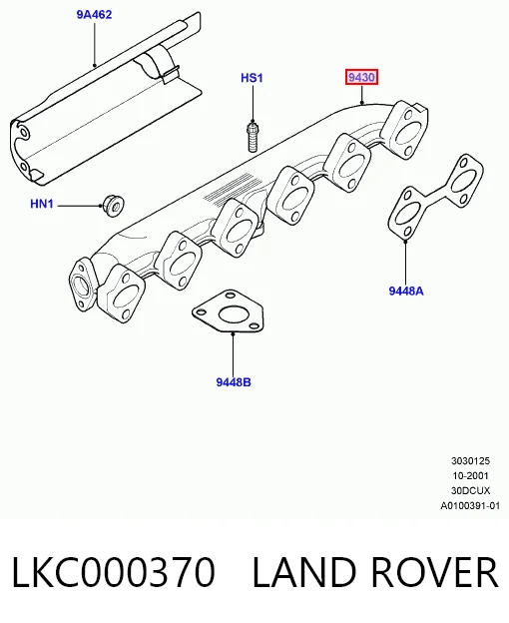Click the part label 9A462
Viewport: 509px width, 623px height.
pyautogui.click(x=94, y=15)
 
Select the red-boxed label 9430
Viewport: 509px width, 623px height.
pyautogui.click(x=361, y=77)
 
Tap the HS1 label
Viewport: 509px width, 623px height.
pyautogui.click(x=252, y=78)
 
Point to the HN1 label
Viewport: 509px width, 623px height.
pyautogui.click(x=42, y=204)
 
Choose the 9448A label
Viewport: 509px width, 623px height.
pyautogui.click(x=406, y=292)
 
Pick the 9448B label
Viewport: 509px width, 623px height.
pyautogui.click(x=234, y=382)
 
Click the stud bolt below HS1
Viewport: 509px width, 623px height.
pyautogui.click(x=253, y=137)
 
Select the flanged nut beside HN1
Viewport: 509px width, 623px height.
pyautogui.click(x=113, y=206)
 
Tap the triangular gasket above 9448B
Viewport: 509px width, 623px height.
pyautogui.click(x=229, y=311)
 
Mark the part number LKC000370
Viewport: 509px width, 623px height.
pyautogui.click(x=114, y=572)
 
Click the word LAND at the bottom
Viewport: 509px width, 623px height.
pyautogui.click(x=304, y=572)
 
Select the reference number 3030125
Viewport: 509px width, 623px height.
pyautogui.click(x=470, y=461)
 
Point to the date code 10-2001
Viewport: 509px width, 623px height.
pyautogui.click(x=470, y=475)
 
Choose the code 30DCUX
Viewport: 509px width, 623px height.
pyautogui.click(x=470, y=490)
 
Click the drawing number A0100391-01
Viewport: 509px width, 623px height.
pyautogui.click(x=470, y=506)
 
